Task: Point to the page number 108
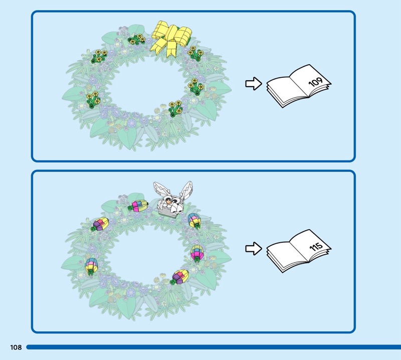pyautogui.click(x=15, y=347)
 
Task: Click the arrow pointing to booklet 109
pyautogui.click(x=254, y=84)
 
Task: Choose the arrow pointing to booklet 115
pyautogui.click(x=254, y=248)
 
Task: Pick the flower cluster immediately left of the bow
pyautogui.click(x=136, y=39)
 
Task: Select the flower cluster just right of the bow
pyautogui.click(x=194, y=53)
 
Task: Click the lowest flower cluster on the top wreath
pyautogui.click(x=175, y=107)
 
